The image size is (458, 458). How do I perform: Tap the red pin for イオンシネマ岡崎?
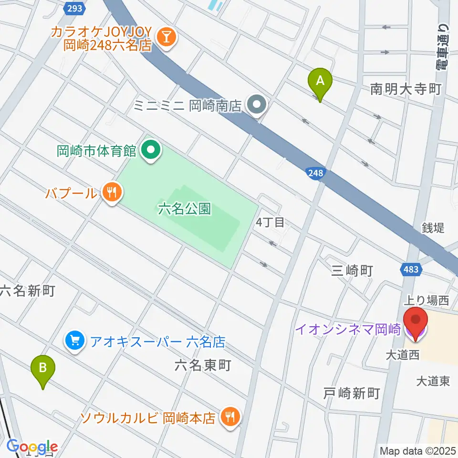click(x=415, y=323)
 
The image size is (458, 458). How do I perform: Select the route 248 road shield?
click(x=314, y=175)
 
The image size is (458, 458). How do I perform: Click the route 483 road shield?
click(x=410, y=270)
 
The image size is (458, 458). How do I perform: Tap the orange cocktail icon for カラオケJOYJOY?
click(x=167, y=37)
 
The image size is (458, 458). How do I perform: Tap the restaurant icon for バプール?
click(x=112, y=193)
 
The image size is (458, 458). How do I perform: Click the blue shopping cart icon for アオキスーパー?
click(x=75, y=341)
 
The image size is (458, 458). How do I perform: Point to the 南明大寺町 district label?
click(x=406, y=89)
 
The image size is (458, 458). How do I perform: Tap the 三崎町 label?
click(x=352, y=271)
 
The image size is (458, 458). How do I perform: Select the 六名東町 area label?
click(x=203, y=365)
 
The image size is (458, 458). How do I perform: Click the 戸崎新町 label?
click(x=352, y=393)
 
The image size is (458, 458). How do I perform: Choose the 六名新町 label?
click(x=27, y=290)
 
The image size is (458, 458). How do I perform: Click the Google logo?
click(x=32, y=447)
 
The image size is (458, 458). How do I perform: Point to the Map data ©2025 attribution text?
click(x=417, y=450)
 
